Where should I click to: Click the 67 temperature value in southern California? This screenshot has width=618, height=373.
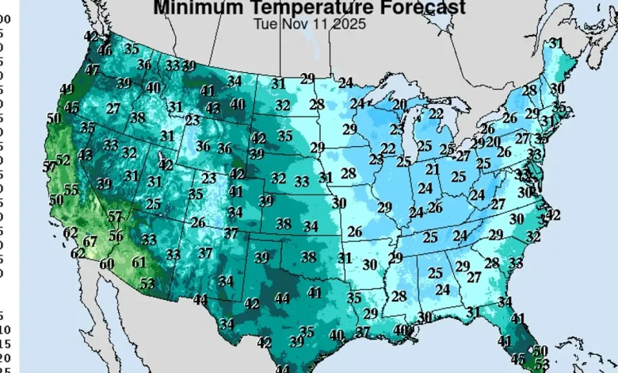coord(90,240)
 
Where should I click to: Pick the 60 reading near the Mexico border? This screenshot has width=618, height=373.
coord(107,263)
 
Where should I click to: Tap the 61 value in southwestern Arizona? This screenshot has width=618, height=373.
coord(139,262)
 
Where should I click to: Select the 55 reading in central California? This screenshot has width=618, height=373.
coord(71,190)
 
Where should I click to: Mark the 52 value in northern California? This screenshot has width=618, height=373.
coord(63,160)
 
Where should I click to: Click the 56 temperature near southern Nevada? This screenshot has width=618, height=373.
coord(116,235)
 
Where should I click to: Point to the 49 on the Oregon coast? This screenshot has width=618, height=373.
coord(67,89)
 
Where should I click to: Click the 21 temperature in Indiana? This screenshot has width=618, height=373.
coord(433,169)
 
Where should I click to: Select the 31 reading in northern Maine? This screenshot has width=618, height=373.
coord(556,43)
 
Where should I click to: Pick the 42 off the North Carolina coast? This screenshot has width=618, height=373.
coord(553,214)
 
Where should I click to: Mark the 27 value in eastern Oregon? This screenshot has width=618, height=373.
coord(113,108)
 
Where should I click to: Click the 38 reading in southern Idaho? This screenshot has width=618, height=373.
coord(138,117)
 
